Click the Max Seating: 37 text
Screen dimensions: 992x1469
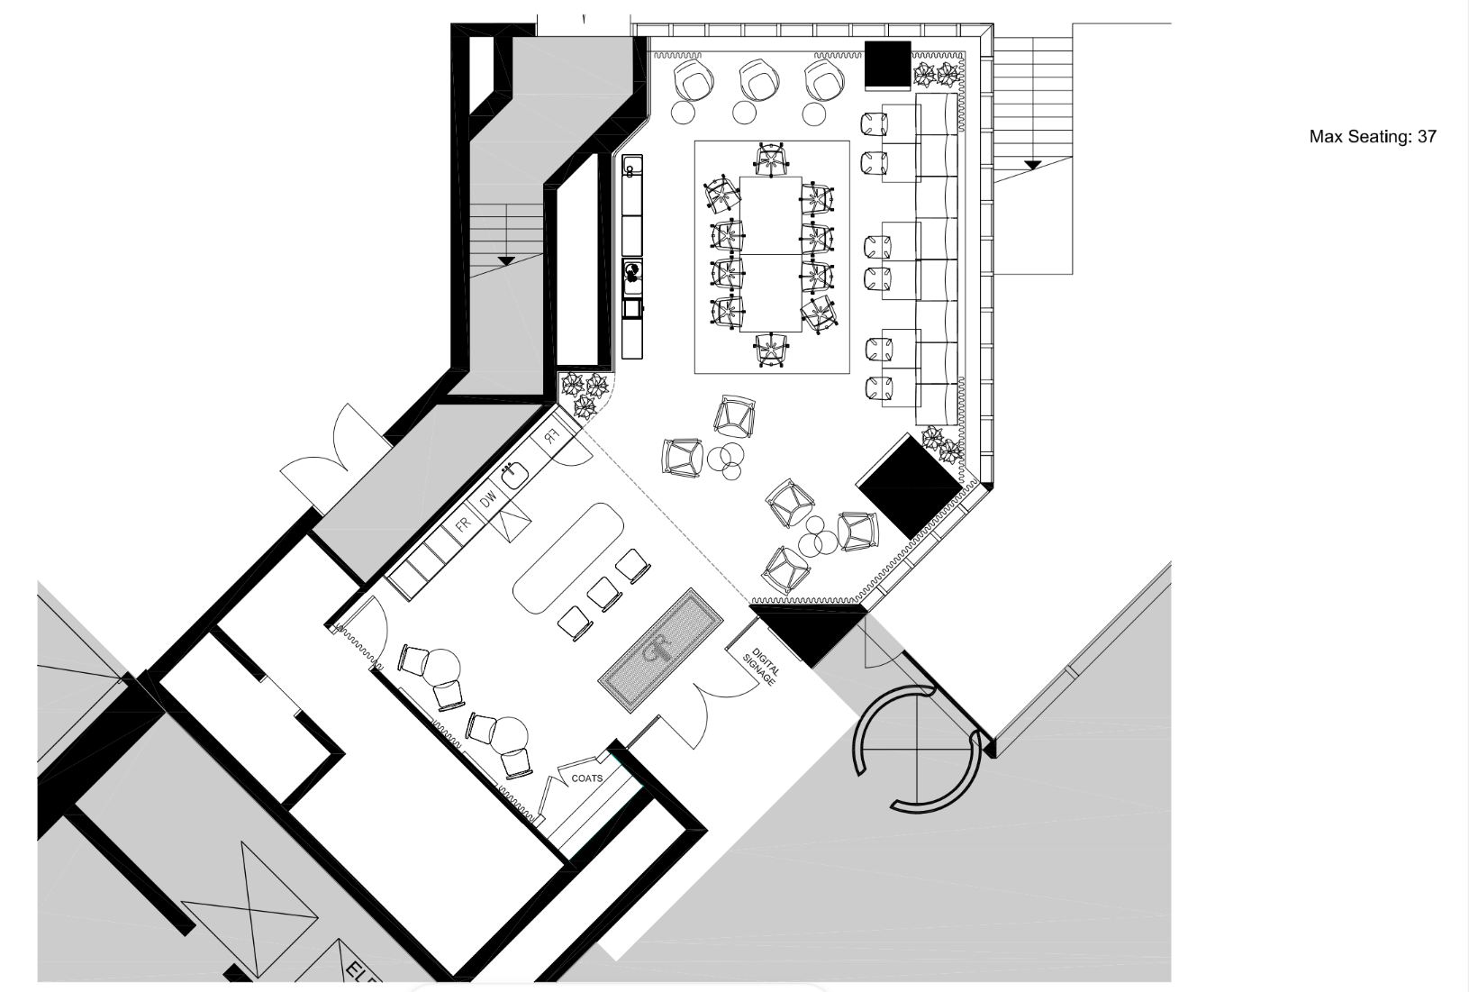click(x=1372, y=137)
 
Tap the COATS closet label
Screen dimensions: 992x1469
click(x=587, y=778)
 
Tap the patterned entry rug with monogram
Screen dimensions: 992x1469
click(x=660, y=651)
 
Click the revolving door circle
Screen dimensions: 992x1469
click(x=917, y=748)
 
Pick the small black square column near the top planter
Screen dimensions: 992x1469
click(x=888, y=64)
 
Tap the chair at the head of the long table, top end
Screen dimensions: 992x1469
click(x=772, y=160)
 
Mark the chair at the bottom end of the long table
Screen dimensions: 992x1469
click(x=772, y=350)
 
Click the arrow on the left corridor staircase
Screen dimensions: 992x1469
click(x=506, y=260)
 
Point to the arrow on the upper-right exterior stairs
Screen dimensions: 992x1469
click(x=1032, y=165)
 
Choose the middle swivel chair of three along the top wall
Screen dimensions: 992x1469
click(x=757, y=80)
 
